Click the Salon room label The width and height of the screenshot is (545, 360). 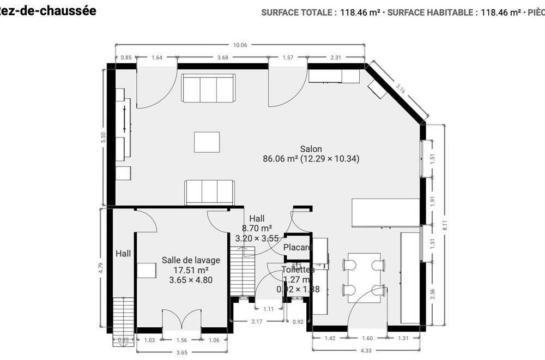pyautogui.click(x=311, y=148)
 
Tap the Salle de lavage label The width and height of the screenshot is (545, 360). pyautogui.click(x=187, y=260)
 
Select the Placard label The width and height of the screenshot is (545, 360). pyautogui.click(x=298, y=248)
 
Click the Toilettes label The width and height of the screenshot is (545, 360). pyautogui.click(x=298, y=269)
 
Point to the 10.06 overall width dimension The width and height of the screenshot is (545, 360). pyautogui.click(x=240, y=45)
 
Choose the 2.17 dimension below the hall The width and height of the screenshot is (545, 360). pyautogui.click(x=257, y=322)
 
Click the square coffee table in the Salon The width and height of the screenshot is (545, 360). pyautogui.click(x=207, y=142)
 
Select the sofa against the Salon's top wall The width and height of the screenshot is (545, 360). pyautogui.click(x=208, y=88)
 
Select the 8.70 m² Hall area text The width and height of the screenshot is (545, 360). pyautogui.click(x=257, y=229)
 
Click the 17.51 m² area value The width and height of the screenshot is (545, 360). pyautogui.click(x=187, y=270)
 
